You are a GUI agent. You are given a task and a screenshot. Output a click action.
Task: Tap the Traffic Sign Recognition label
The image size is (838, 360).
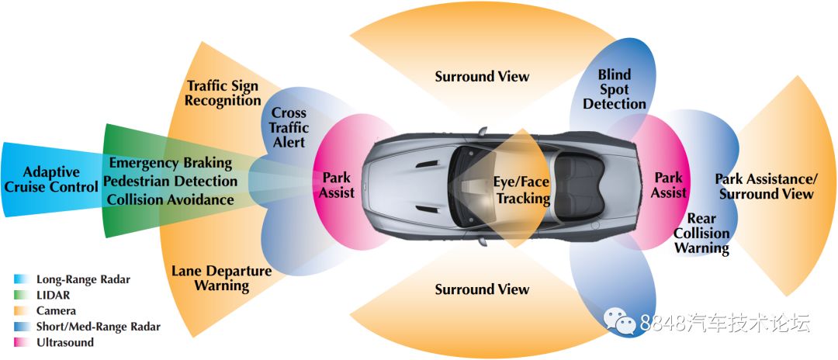pyautogui.click(x=223, y=93)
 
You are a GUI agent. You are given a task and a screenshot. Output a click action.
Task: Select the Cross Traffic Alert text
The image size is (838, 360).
pyautogui.click(x=289, y=128)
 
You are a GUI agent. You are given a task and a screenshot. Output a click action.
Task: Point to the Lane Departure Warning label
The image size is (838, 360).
pyautogui.click(x=221, y=279)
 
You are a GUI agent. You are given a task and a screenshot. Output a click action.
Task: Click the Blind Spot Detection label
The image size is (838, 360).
pyautogui.click(x=615, y=89)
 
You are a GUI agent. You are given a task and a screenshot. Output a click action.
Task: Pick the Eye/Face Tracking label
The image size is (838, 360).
pyautogui.click(x=521, y=190)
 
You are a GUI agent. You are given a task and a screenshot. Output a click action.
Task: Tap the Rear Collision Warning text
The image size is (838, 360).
pyautogui.click(x=701, y=234)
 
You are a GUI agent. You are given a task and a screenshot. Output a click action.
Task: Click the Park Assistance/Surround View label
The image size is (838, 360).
pyautogui.click(x=766, y=186)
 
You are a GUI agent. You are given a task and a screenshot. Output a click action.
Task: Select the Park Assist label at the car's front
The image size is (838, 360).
pyautogui.click(x=337, y=185)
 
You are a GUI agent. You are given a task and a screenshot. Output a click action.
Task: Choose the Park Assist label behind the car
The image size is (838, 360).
pyautogui.click(x=669, y=185)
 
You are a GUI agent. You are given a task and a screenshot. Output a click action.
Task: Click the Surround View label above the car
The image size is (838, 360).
pyautogui.click(x=482, y=76)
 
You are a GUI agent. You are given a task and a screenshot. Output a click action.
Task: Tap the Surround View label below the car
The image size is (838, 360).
pyautogui.click(x=482, y=289)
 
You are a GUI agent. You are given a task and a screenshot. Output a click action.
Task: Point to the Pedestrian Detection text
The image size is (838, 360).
pyautogui.click(x=170, y=181)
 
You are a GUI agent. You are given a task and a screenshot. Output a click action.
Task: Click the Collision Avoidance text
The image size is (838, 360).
pyautogui.click(x=170, y=199)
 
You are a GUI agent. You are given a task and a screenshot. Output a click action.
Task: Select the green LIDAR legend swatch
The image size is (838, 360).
pyautogui.click(x=22, y=295)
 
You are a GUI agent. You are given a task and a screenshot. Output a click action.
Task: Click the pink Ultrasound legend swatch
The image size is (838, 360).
pyautogui.click(x=22, y=342)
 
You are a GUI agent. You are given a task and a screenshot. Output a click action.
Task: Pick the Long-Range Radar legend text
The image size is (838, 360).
pyautogui.click(x=83, y=279)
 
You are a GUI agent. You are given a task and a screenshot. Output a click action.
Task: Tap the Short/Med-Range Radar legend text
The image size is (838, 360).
pyautogui.click(x=98, y=327)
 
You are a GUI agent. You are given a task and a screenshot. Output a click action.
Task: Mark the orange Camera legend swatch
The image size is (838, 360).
pyautogui.click(x=22, y=311)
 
